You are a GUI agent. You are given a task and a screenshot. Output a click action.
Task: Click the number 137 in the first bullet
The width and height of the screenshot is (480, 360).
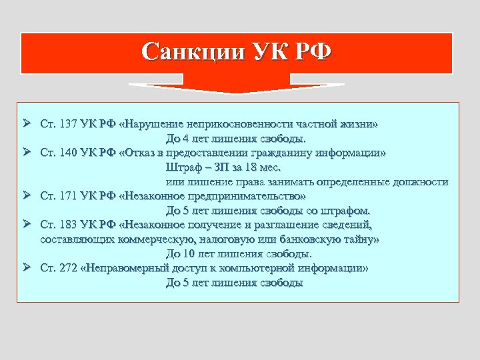coord(69,124)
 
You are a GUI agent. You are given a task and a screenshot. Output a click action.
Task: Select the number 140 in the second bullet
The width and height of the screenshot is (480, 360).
coord(69,153)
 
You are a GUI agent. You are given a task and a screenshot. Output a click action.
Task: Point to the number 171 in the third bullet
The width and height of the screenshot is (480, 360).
coord(69,196)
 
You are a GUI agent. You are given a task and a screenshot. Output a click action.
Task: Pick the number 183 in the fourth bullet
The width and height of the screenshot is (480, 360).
coord(69,225)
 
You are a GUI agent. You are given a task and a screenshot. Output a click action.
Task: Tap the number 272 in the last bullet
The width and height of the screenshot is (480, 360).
coord(69,268)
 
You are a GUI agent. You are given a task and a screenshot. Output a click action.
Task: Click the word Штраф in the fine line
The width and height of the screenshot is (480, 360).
coord(182,167)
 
